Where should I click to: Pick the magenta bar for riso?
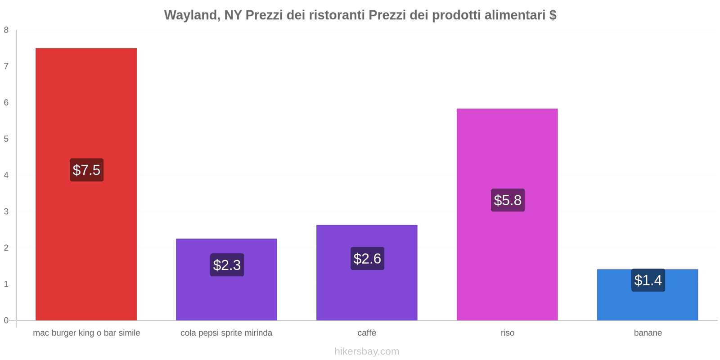[x=507, y=148]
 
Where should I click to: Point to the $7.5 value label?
[x=86, y=170]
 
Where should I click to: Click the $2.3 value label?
[x=227, y=265]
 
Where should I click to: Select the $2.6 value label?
[x=367, y=259]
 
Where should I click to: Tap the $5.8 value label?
[x=508, y=200]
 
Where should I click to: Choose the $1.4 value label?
[x=648, y=280]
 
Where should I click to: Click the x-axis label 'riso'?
[x=508, y=333]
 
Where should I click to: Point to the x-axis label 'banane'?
[x=648, y=333]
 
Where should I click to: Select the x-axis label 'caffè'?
[x=367, y=333]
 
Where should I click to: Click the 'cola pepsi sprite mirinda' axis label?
[x=226, y=333]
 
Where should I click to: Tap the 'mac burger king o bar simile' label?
[x=86, y=333]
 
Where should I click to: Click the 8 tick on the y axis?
[x=6, y=30]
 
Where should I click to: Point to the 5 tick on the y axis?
[x=6, y=139]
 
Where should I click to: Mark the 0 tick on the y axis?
[x=6, y=320]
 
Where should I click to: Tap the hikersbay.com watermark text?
[x=367, y=351]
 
